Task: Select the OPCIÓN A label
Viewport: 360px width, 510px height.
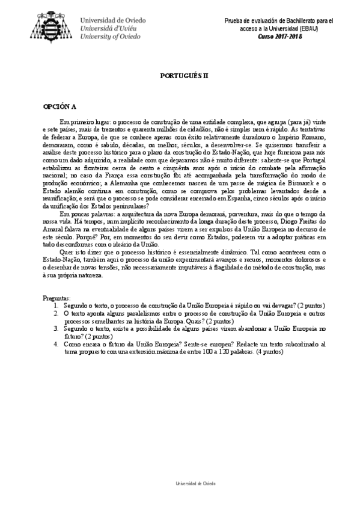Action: (59, 106)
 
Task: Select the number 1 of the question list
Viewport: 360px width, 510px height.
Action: (56, 306)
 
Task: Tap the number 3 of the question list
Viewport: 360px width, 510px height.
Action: (56, 329)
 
